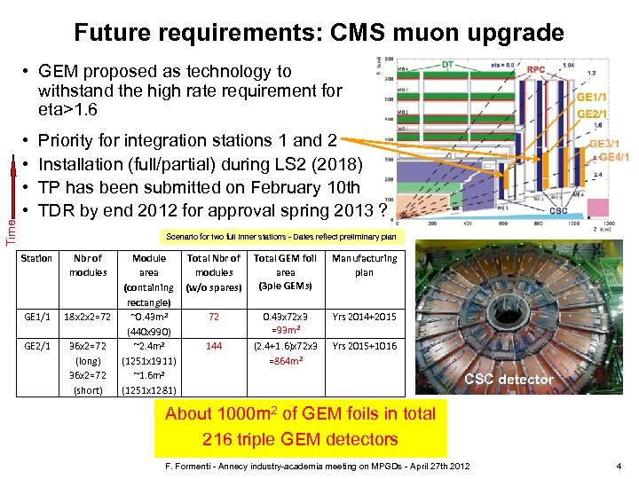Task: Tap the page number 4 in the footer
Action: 619,466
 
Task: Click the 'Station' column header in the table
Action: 36,258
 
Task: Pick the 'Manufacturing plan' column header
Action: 364,265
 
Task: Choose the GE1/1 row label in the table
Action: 36,317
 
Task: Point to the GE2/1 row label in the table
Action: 36,348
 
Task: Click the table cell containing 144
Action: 213,348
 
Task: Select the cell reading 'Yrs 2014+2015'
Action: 364,317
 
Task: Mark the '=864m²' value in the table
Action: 285,362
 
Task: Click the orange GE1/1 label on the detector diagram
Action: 593,98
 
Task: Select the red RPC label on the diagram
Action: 536,68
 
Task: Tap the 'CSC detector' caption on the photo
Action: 513,380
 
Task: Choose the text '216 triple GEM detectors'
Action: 300,438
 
